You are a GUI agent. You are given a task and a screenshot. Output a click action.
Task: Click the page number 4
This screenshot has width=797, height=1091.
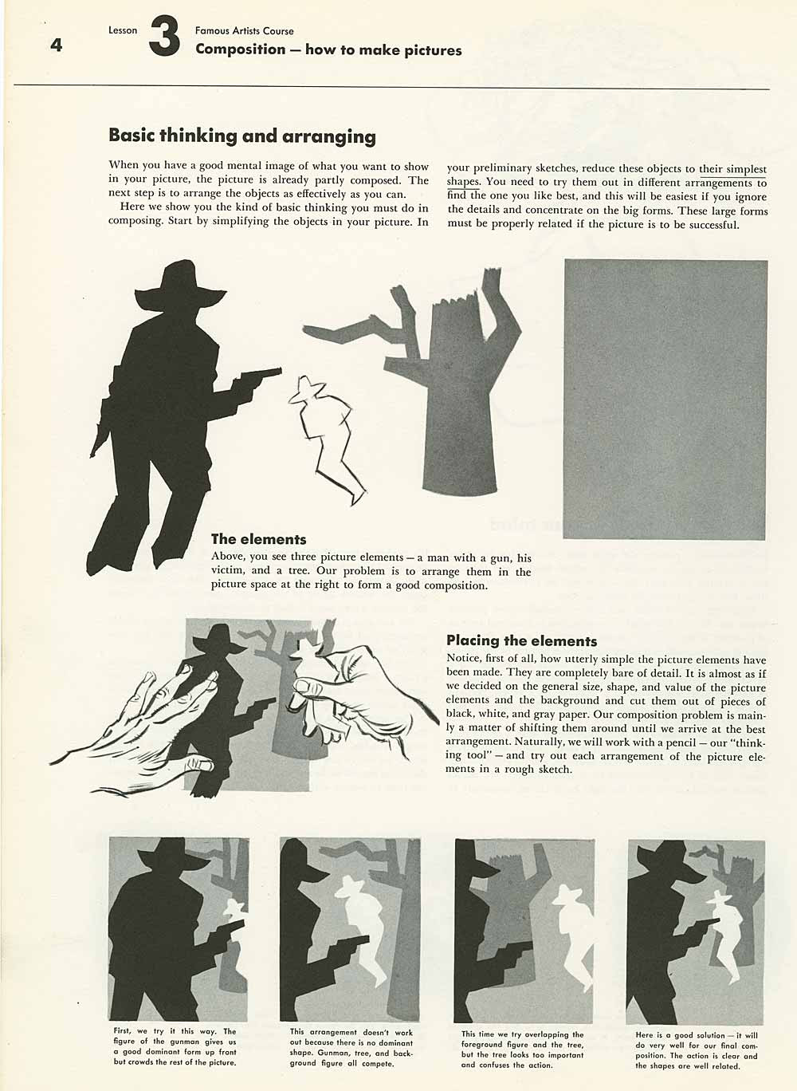coord(55,45)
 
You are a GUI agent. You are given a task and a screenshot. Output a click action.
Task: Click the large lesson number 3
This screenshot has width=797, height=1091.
coord(163,39)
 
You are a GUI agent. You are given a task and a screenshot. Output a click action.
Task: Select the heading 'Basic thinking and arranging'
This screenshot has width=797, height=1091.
coord(241,136)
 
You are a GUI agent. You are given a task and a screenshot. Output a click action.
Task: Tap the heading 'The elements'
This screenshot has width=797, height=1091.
coord(258,539)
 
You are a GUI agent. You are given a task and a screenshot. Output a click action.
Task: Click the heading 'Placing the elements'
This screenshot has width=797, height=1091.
coord(521,640)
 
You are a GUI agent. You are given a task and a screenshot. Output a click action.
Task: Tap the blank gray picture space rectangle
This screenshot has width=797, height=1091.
coord(665,399)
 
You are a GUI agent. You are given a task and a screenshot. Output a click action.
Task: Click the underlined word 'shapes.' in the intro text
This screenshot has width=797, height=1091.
coord(463,182)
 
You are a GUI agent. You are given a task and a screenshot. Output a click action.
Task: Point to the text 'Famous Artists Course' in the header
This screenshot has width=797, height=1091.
coord(244,31)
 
